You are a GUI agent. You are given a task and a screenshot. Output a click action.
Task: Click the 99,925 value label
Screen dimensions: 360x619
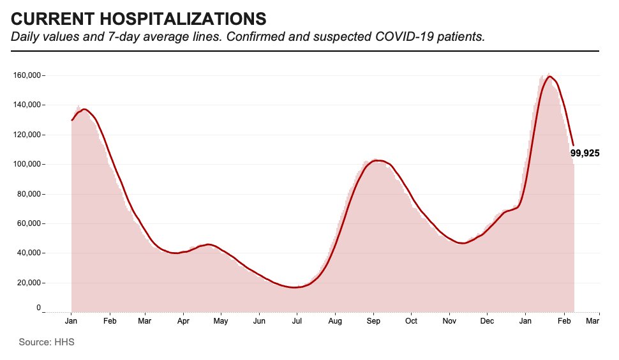coord(585,153)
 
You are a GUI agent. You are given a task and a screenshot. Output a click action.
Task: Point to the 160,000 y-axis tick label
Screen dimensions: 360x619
coord(27,75)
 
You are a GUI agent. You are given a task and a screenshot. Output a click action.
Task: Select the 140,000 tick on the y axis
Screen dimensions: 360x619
coord(27,105)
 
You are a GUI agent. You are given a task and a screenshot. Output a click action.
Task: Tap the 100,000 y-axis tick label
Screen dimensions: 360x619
coord(27,164)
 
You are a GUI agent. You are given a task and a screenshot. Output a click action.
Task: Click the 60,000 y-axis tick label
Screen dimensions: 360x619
coord(29,223)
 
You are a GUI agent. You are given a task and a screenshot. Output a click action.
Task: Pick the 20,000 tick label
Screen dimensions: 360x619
coord(29,283)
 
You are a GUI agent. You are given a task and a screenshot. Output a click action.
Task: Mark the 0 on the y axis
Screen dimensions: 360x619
coord(38,308)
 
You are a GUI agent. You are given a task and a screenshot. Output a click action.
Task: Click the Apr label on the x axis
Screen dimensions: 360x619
coord(184,321)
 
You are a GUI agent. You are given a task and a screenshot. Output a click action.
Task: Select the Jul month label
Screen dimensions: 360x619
coord(297,321)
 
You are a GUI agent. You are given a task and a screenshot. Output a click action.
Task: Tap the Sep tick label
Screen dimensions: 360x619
coord(373,321)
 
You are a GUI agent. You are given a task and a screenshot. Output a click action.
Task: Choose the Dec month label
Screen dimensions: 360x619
coord(487,321)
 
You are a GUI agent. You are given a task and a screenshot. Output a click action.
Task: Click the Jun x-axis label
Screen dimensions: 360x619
coord(259,321)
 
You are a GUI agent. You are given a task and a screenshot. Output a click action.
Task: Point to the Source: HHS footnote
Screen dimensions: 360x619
coord(47,343)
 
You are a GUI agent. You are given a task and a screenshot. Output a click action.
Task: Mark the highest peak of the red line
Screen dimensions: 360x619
coord(549,77)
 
